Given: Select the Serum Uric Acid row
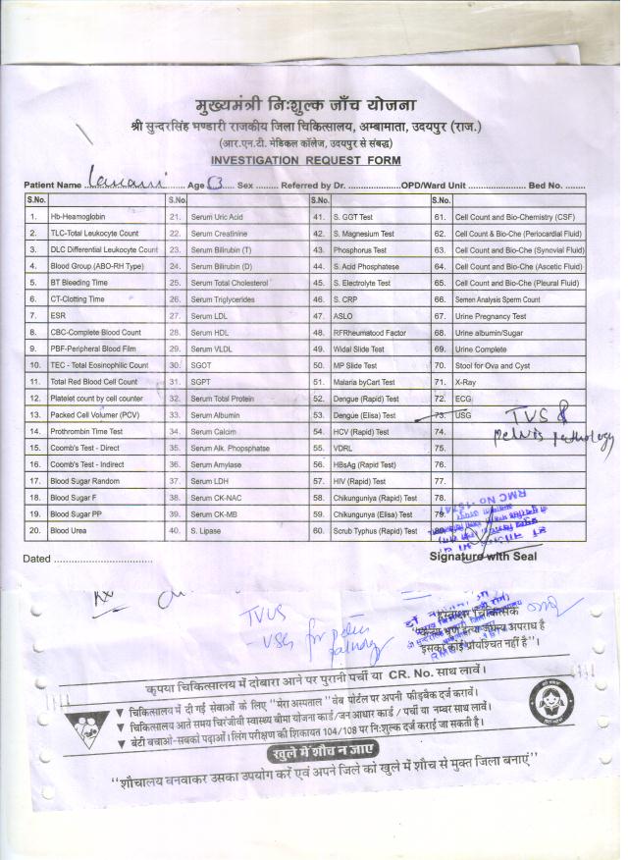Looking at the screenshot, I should click(218, 216).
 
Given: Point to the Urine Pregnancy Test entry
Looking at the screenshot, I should click(491, 316).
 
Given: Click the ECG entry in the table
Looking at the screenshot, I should click(463, 399).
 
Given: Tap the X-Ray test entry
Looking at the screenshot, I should click(465, 382).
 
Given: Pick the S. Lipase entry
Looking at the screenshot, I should click(208, 530).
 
